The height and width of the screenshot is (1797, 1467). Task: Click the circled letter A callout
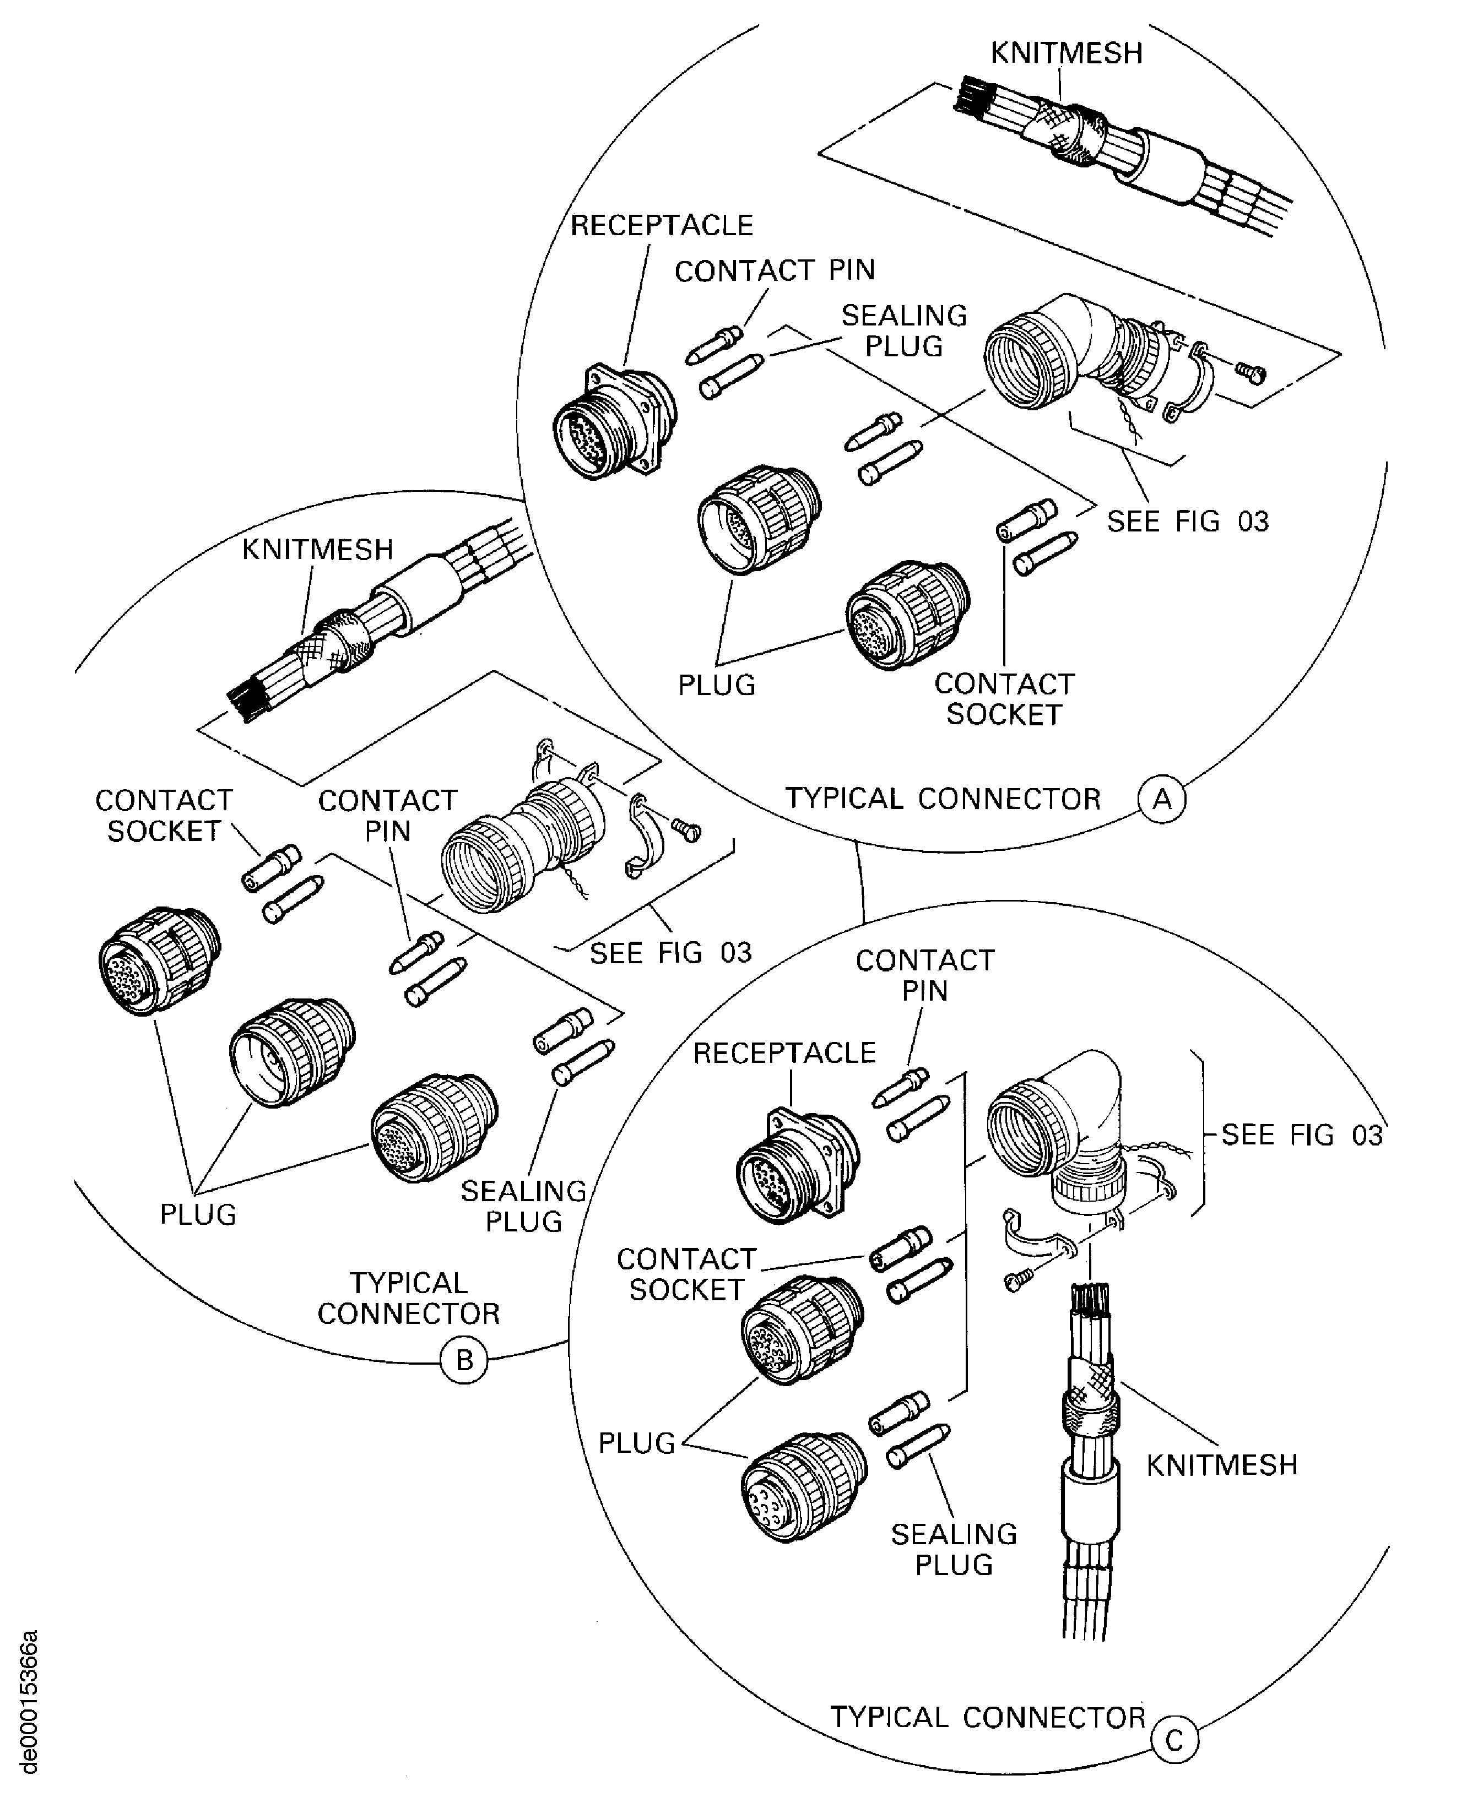point(1162,799)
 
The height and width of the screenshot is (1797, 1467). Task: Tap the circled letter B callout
point(464,1361)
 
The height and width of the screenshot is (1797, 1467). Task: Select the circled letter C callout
point(1174,1741)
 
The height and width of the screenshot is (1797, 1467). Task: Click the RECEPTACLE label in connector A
point(662,226)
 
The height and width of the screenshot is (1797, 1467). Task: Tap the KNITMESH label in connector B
point(318,550)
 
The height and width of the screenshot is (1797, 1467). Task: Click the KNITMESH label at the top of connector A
point(1067,53)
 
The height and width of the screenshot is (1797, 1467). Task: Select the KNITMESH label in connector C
point(1221,1465)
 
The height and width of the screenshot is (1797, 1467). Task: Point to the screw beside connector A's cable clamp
point(1251,372)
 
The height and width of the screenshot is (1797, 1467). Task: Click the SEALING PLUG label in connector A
point(903,330)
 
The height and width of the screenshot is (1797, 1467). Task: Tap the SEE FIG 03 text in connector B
point(670,953)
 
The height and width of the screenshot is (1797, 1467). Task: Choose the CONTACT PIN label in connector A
point(774,270)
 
